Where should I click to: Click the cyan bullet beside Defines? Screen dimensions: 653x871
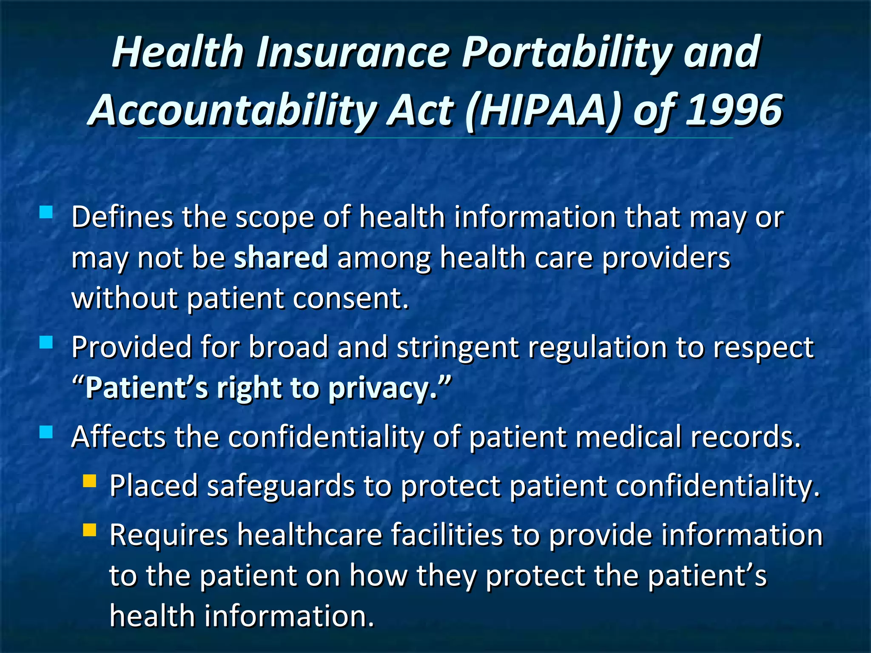[46, 212]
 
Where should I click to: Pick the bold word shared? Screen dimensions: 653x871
[281, 257]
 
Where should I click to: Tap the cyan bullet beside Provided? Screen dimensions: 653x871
[46, 342]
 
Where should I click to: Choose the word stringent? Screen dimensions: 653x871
[458, 347]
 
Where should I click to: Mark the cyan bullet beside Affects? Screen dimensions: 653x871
[46, 432]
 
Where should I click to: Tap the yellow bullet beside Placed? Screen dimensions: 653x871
[90, 481]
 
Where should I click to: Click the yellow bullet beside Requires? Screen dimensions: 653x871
[90, 530]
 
